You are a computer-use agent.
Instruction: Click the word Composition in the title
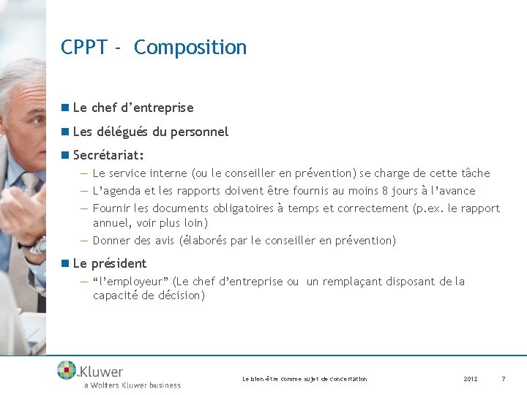pyautogui.click(x=190, y=48)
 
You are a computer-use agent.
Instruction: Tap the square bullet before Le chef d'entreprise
pyautogui.click(x=66, y=107)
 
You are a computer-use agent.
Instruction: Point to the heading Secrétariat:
pyautogui.click(x=108, y=156)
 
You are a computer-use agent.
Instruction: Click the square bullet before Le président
pyautogui.click(x=66, y=263)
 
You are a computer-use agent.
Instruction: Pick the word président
pyautogui.click(x=119, y=263)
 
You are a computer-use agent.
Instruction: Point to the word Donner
pyautogui.click(x=111, y=241)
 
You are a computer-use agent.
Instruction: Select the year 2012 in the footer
pyautogui.click(x=471, y=379)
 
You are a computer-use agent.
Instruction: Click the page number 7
pyautogui.click(x=503, y=379)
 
